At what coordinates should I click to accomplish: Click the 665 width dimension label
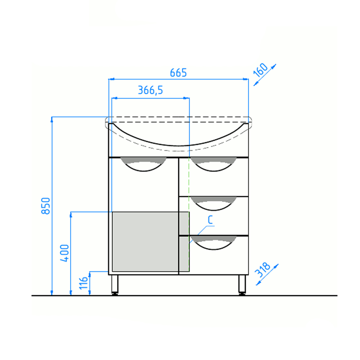click(x=178, y=73)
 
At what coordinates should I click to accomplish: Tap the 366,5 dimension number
click(x=150, y=90)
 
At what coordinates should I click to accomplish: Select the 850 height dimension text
click(x=46, y=206)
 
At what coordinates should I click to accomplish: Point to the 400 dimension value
click(x=64, y=253)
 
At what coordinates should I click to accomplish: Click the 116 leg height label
click(x=83, y=283)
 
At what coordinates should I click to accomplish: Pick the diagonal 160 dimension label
click(x=261, y=70)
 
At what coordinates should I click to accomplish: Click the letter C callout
click(x=210, y=220)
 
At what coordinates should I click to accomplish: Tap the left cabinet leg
click(x=115, y=285)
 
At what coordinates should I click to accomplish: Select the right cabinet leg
click(x=242, y=285)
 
